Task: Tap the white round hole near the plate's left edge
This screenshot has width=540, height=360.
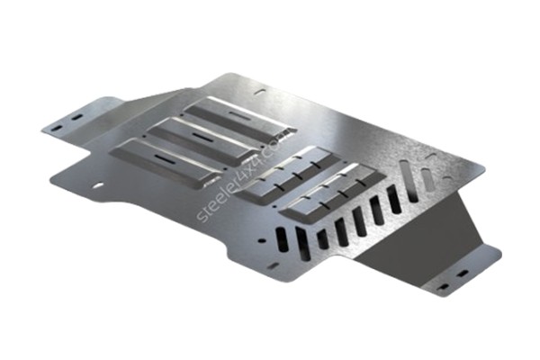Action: (x=98, y=185)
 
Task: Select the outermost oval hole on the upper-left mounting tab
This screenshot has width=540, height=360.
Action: (x=57, y=128)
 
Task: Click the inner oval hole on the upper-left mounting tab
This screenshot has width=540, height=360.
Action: (x=76, y=118)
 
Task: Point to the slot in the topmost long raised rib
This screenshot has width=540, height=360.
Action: (x=239, y=115)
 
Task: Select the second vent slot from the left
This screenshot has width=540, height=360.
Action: (x=302, y=245)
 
